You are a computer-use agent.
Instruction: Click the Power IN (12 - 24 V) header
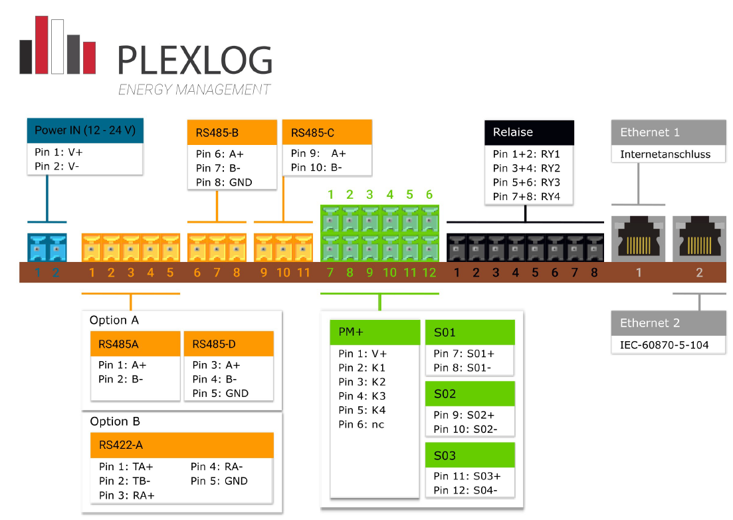(85, 130)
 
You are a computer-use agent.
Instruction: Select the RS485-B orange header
(232, 133)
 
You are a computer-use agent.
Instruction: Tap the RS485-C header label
(327, 132)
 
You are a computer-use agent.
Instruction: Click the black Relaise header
(529, 132)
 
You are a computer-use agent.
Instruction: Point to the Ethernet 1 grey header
(669, 132)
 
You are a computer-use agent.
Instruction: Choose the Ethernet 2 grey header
(669, 323)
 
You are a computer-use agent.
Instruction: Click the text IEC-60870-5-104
(665, 345)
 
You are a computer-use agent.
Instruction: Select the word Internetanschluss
(665, 154)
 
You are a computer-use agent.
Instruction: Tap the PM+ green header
(375, 332)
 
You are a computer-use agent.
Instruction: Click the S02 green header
(470, 394)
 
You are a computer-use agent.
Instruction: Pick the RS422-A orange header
(182, 445)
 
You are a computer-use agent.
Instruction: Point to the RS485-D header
(229, 344)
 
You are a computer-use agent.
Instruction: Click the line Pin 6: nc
(362, 425)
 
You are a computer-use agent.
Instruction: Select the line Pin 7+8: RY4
(526, 196)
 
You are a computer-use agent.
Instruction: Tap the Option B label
(115, 422)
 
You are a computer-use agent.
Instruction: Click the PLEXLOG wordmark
(195, 61)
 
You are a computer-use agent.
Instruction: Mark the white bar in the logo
(58, 47)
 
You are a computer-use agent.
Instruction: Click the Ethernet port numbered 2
(699, 239)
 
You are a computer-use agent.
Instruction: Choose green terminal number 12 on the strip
(429, 273)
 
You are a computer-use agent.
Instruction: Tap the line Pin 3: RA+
(127, 495)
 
